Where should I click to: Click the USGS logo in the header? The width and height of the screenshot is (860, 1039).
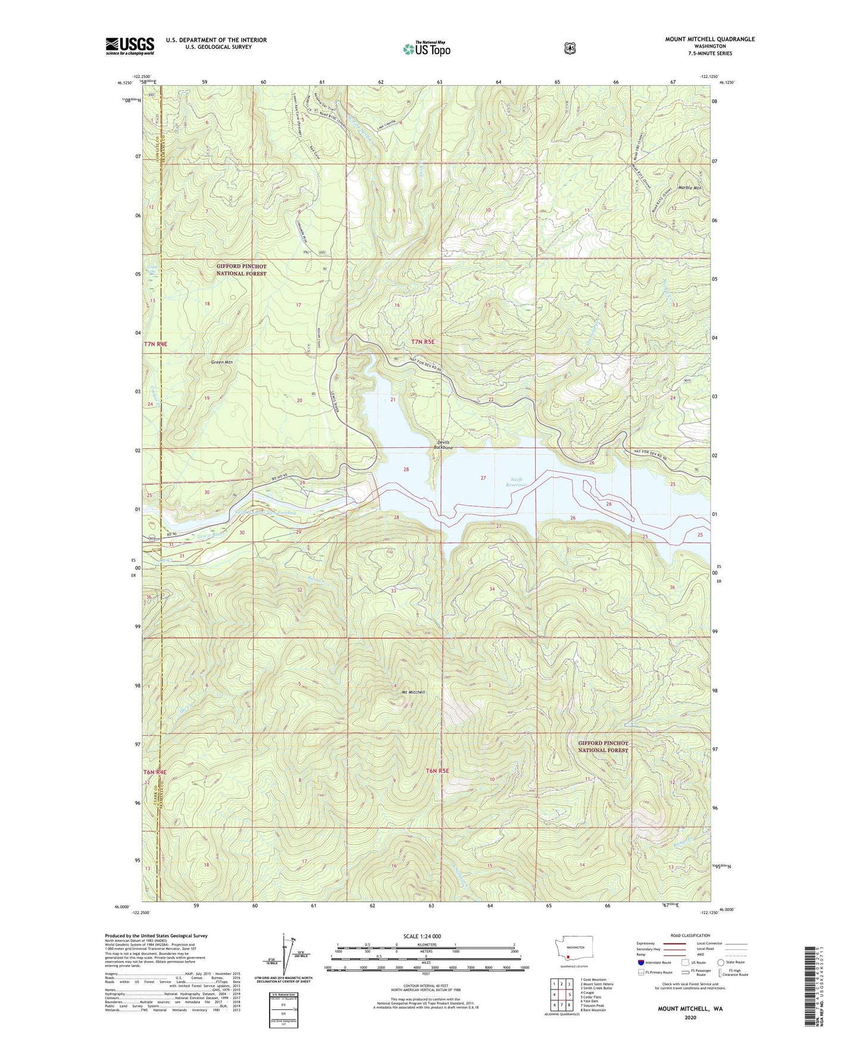tap(130, 46)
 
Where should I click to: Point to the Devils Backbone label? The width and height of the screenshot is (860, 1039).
tap(444, 445)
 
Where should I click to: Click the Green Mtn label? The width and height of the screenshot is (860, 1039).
tap(221, 362)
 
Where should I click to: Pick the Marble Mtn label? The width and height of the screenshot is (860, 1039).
tap(689, 188)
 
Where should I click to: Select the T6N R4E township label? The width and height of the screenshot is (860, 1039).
tap(155, 772)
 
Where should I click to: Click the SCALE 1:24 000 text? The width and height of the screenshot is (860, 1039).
tap(422, 936)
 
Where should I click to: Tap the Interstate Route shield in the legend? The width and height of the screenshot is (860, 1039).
tap(640, 962)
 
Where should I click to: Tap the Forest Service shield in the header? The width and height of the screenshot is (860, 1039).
tap(570, 48)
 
